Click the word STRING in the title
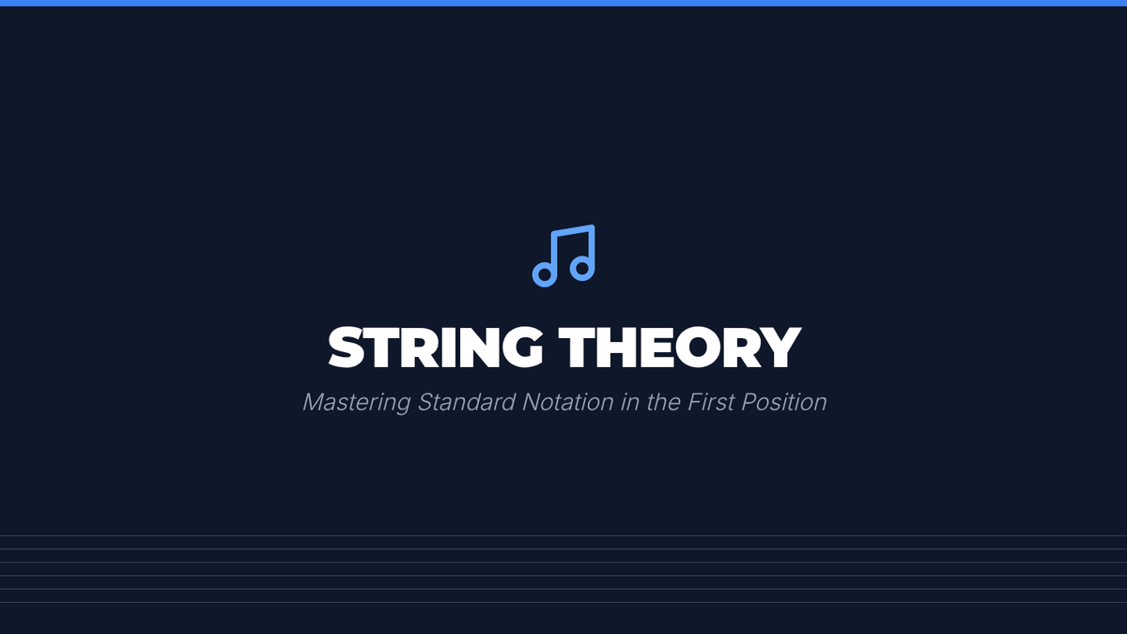pos(436,347)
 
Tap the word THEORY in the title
pos(680,347)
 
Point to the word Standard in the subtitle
pos(467,402)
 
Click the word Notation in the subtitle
pos(568,402)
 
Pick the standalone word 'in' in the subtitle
pos(630,402)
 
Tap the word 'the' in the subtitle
pos(664,402)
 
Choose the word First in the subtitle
pos(711,402)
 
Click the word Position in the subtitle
pos(784,402)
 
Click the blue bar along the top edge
pos(563,3)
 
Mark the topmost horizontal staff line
pos(563,535)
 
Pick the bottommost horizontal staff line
pos(563,602)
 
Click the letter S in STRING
pos(347,347)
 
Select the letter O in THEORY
pos(698,347)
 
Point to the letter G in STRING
pos(523,347)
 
